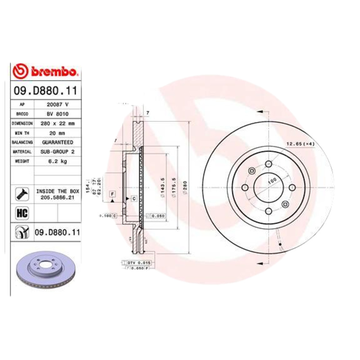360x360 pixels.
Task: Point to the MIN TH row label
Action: pos(22,133)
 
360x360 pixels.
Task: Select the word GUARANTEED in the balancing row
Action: pos(57,142)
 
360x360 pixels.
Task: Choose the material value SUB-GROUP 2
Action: pos(57,152)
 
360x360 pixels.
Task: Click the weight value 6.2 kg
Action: pos(57,162)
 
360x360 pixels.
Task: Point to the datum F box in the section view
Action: pos(112,194)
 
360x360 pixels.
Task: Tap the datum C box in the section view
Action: pos(134,198)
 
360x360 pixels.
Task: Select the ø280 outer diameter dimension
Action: pos(184,185)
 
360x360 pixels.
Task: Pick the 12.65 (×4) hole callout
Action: pos(300,144)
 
